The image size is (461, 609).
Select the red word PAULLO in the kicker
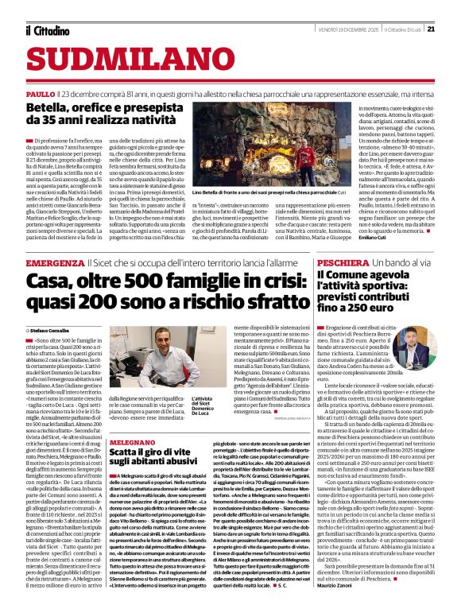[x=40, y=94]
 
